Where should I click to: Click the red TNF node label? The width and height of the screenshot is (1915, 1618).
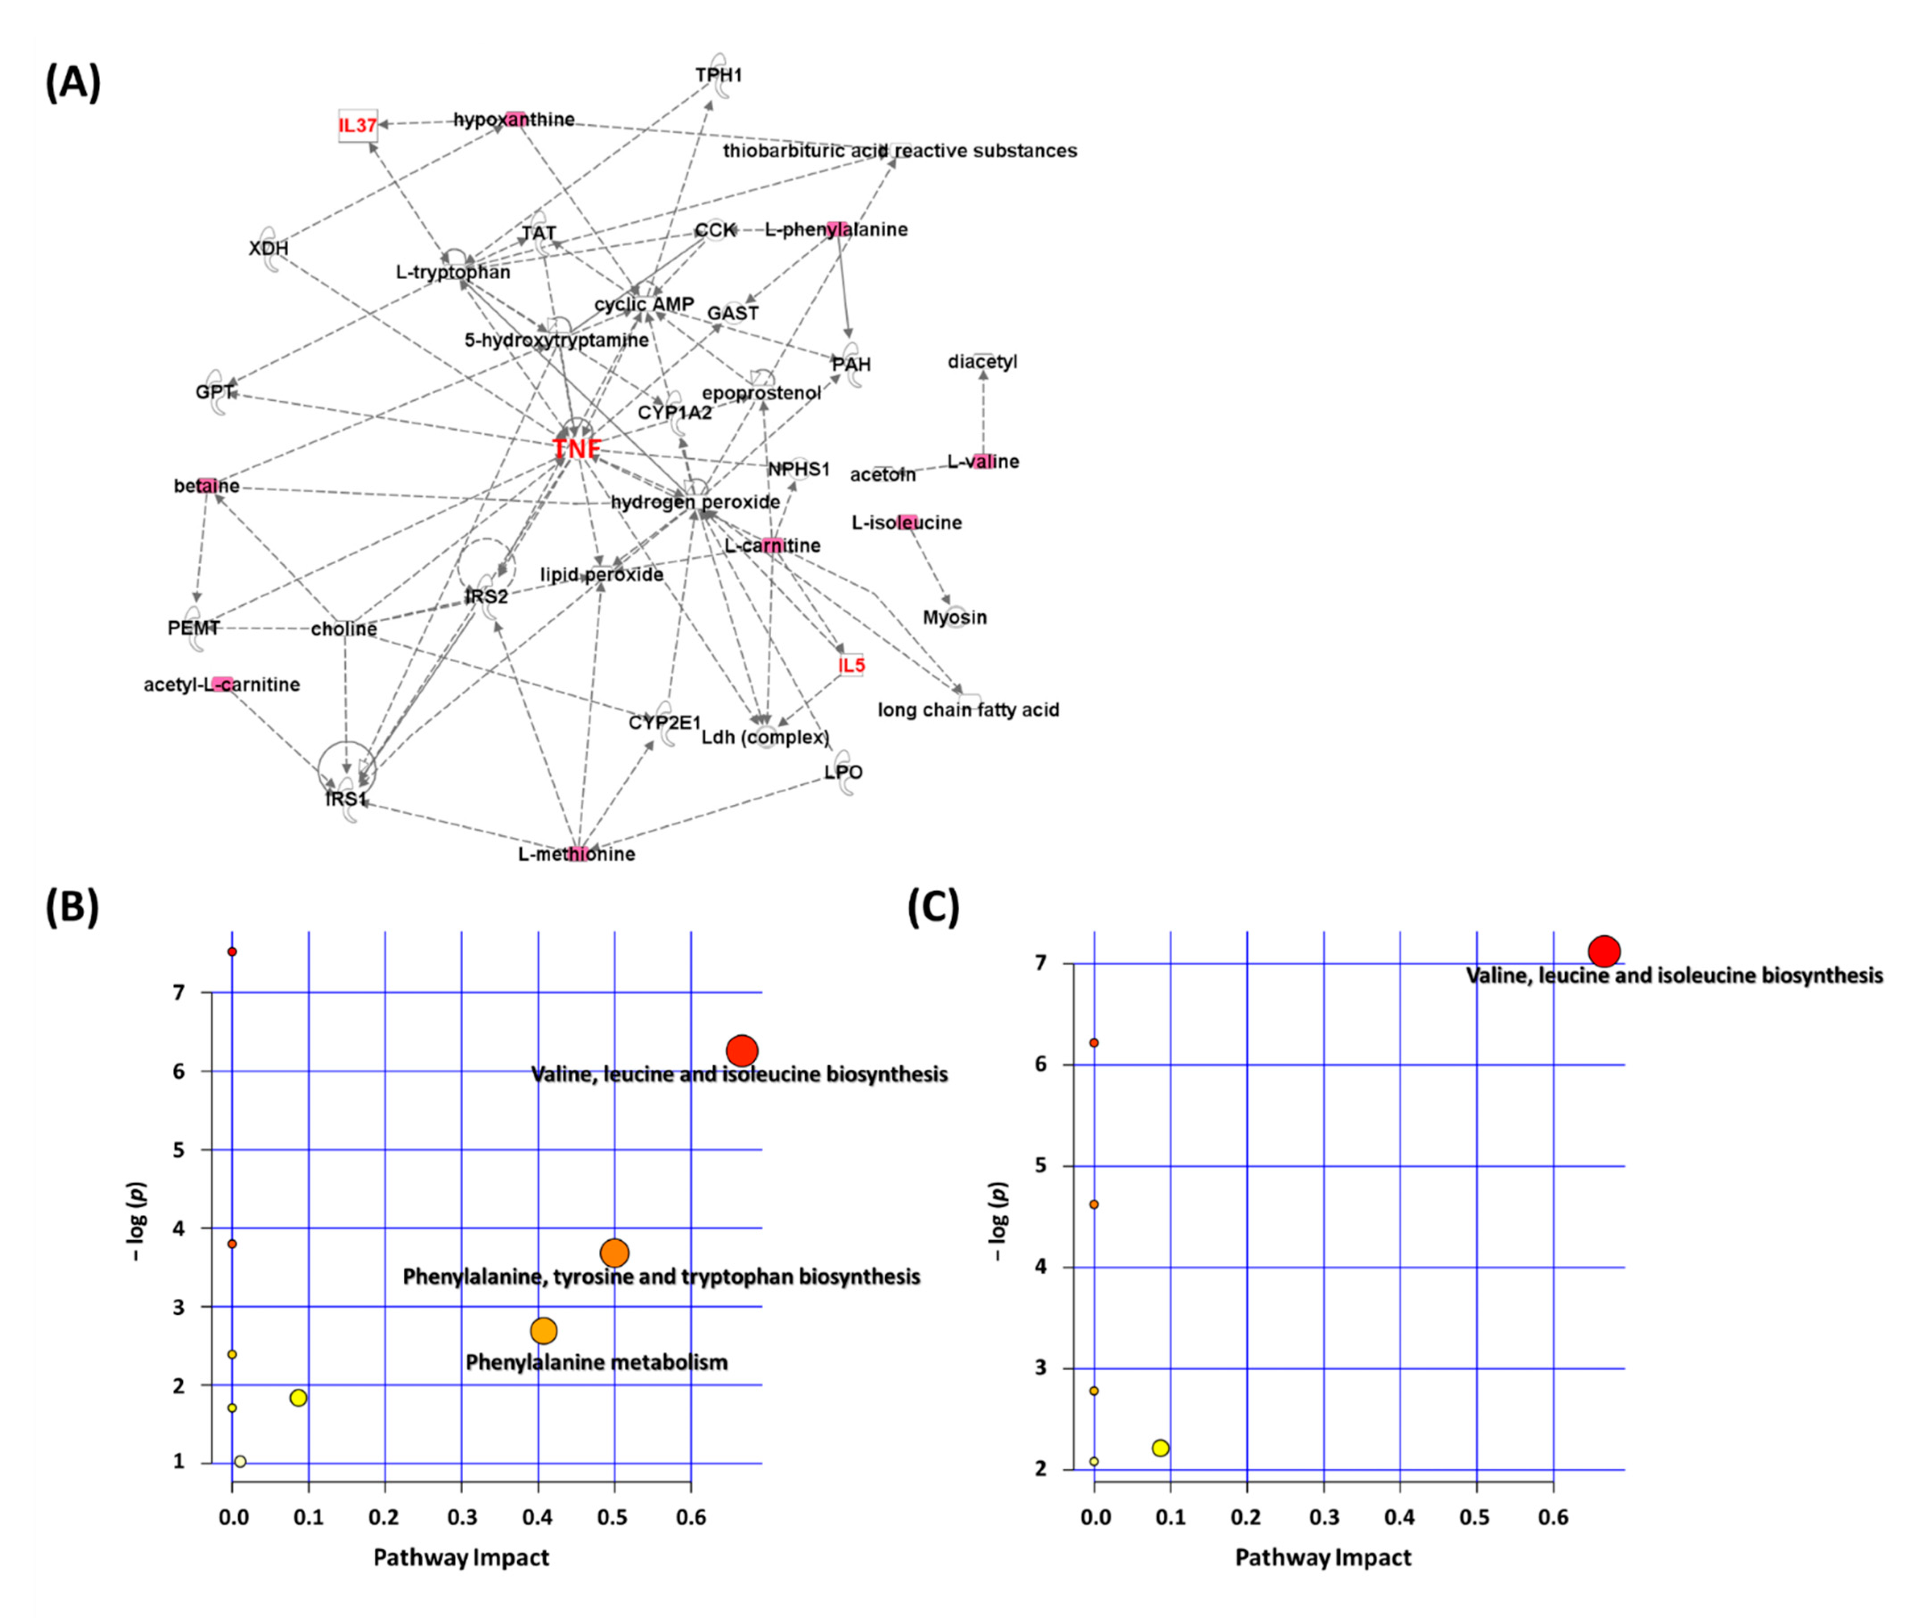click(576, 448)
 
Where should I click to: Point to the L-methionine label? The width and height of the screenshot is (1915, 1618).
click(576, 854)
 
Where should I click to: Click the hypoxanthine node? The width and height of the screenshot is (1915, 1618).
click(514, 119)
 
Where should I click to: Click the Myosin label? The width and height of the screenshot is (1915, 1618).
click(954, 617)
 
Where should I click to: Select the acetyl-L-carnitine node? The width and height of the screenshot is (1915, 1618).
click(221, 684)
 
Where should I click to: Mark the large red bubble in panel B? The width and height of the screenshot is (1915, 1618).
click(741, 1050)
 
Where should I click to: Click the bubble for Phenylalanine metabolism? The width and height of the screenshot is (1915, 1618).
click(544, 1330)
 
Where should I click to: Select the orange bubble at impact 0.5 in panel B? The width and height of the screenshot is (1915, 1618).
click(614, 1252)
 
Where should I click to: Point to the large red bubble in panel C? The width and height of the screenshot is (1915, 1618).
click(1604, 951)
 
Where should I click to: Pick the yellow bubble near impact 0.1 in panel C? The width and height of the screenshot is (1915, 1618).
click(1160, 1447)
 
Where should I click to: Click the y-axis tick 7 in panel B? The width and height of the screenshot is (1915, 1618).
click(179, 992)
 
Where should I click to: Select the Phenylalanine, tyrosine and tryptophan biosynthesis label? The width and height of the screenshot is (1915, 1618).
click(661, 1277)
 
